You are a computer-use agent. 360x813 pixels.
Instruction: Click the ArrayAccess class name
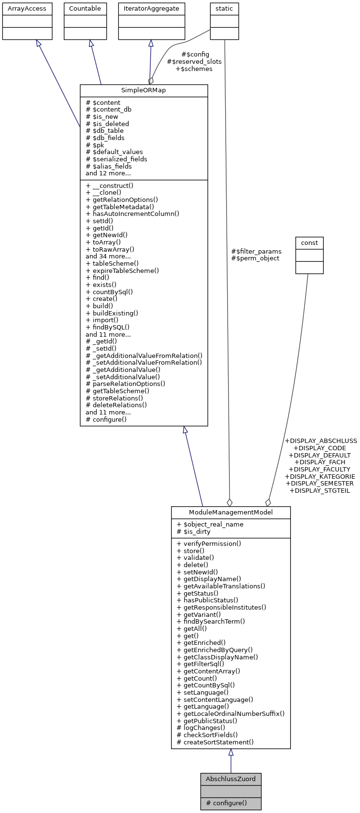(x=27, y=9)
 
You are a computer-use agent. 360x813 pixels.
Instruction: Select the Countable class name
(x=85, y=9)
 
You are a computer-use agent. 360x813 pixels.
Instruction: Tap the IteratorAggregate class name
(x=152, y=9)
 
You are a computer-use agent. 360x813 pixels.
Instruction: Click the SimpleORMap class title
(x=144, y=91)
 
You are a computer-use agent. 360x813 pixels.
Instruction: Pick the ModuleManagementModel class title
(x=230, y=513)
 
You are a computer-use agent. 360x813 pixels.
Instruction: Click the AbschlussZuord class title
(x=230, y=779)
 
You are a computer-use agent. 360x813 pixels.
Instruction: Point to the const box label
(x=309, y=242)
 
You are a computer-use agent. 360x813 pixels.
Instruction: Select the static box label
(x=224, y=9)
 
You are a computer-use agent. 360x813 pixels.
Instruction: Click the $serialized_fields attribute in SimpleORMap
(x=116, y=159)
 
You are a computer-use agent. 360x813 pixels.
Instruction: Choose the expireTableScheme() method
(x=122, y=271)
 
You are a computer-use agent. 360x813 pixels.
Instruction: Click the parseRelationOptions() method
(x=125, y=384)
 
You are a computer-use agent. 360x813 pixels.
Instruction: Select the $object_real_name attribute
(x=210, y=524)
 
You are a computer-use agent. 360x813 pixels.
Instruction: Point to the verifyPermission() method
(x=209, y=543)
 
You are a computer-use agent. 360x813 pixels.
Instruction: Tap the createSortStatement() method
(x=215, y=742)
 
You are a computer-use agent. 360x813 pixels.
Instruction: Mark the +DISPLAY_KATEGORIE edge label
(x=320, y=476)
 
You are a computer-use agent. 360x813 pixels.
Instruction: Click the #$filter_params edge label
(x=256, y=251)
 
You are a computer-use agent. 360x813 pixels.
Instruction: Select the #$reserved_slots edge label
(x=194, y=62)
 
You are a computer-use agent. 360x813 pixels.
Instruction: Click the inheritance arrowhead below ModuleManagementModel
(x=231, y=753)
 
